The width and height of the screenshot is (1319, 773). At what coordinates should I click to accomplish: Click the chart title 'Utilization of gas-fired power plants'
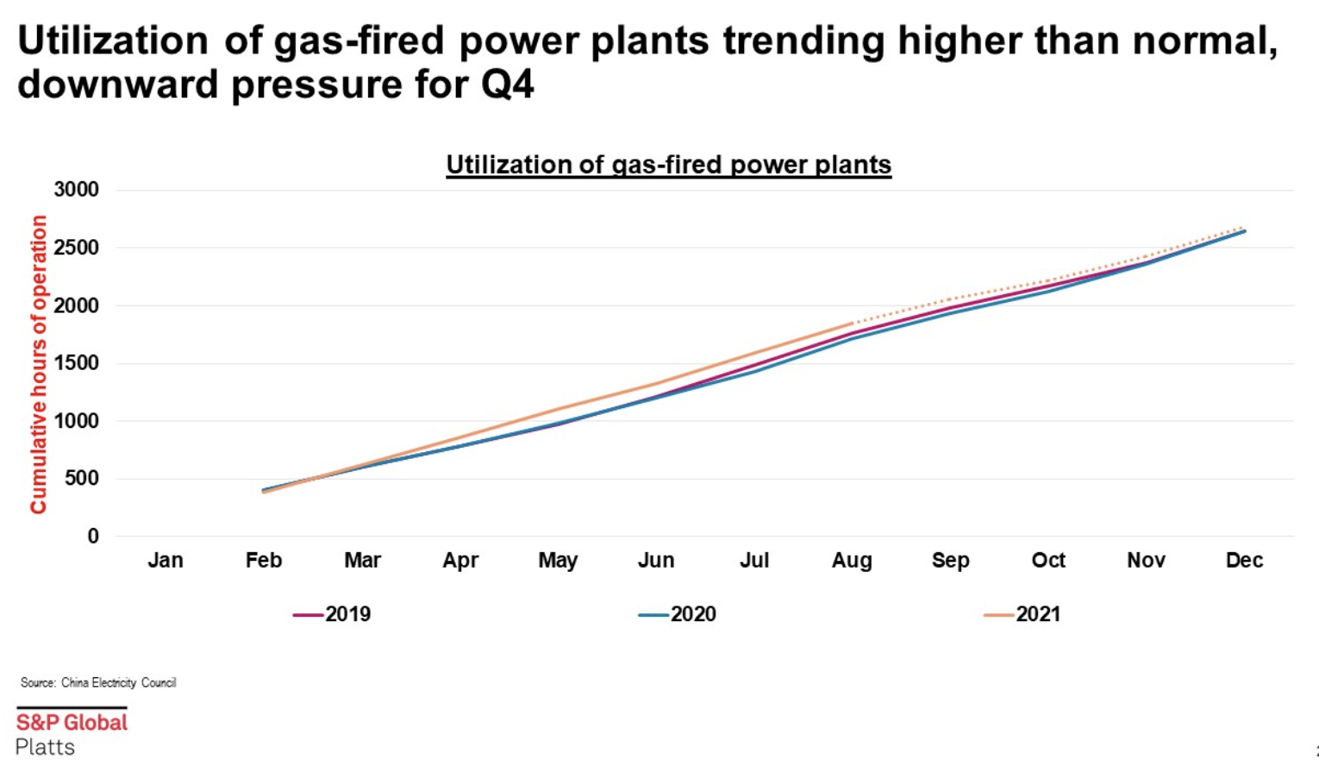coord(668,165)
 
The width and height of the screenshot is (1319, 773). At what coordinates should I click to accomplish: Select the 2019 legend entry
coord(334,614)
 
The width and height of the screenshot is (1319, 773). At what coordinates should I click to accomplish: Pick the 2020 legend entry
coord(678,614)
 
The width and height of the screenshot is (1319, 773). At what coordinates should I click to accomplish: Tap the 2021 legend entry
coord(1023,614)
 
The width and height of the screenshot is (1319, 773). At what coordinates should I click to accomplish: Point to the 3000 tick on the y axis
coord(77,190)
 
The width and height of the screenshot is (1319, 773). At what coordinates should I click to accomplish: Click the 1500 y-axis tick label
coord(77,363)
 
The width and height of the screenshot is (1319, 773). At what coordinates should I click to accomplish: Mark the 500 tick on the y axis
coord(82,479)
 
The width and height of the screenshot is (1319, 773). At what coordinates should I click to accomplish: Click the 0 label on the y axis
coord(93,537)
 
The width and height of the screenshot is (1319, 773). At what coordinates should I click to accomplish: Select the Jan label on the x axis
coord(166,561)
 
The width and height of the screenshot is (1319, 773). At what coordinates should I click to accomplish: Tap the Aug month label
coord(852,561)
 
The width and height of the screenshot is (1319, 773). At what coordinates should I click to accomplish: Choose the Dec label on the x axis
coord(1244,561)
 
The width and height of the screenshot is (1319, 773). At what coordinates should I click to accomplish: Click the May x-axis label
coord(558,561)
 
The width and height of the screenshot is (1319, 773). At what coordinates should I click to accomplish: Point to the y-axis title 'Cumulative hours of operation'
coord(39,364)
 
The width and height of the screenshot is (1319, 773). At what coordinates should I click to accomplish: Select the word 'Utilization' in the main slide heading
coord(113,41)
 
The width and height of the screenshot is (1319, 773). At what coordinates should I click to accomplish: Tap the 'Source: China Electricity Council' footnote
coord(98,682)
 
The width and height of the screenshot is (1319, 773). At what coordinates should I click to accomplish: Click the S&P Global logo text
coord(72,722)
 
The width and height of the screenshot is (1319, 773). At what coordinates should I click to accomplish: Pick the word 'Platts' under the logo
coord(45,747)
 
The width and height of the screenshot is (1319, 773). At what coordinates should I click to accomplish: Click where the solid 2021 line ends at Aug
coord(852,324)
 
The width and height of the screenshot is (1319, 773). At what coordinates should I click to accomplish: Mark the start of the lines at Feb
coord(264,491)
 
